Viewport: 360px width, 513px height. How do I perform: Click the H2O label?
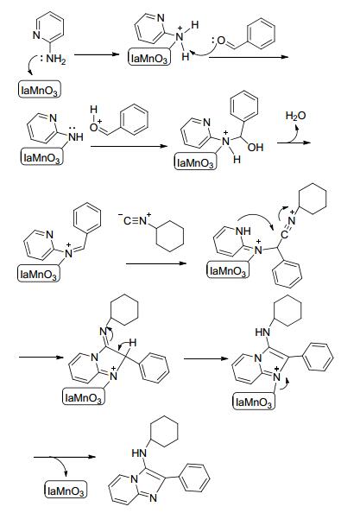click(295, 116)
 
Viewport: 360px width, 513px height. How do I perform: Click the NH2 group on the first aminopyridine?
click(56, 60)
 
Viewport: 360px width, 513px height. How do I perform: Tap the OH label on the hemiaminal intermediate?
click(256, 147)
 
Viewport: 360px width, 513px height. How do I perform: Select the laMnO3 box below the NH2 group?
click(40, 89)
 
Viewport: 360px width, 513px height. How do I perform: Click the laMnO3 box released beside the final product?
click(66, 490)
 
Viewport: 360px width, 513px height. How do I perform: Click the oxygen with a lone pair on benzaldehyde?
click(221, 41)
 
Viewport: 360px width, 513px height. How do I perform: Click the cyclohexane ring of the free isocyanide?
click(170, 236)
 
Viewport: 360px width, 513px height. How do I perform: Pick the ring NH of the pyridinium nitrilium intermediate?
click(243, 231)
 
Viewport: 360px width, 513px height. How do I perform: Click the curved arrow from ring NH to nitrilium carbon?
click(257, 218)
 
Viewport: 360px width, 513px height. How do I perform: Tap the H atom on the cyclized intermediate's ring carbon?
click(132, 343)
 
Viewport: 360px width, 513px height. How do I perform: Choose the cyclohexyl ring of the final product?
click(165, 432)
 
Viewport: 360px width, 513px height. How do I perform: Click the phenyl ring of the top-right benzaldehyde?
click(262, 34)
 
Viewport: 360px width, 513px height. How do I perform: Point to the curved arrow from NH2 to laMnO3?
click(32, 64)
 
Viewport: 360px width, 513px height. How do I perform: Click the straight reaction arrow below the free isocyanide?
click(156, 263)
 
